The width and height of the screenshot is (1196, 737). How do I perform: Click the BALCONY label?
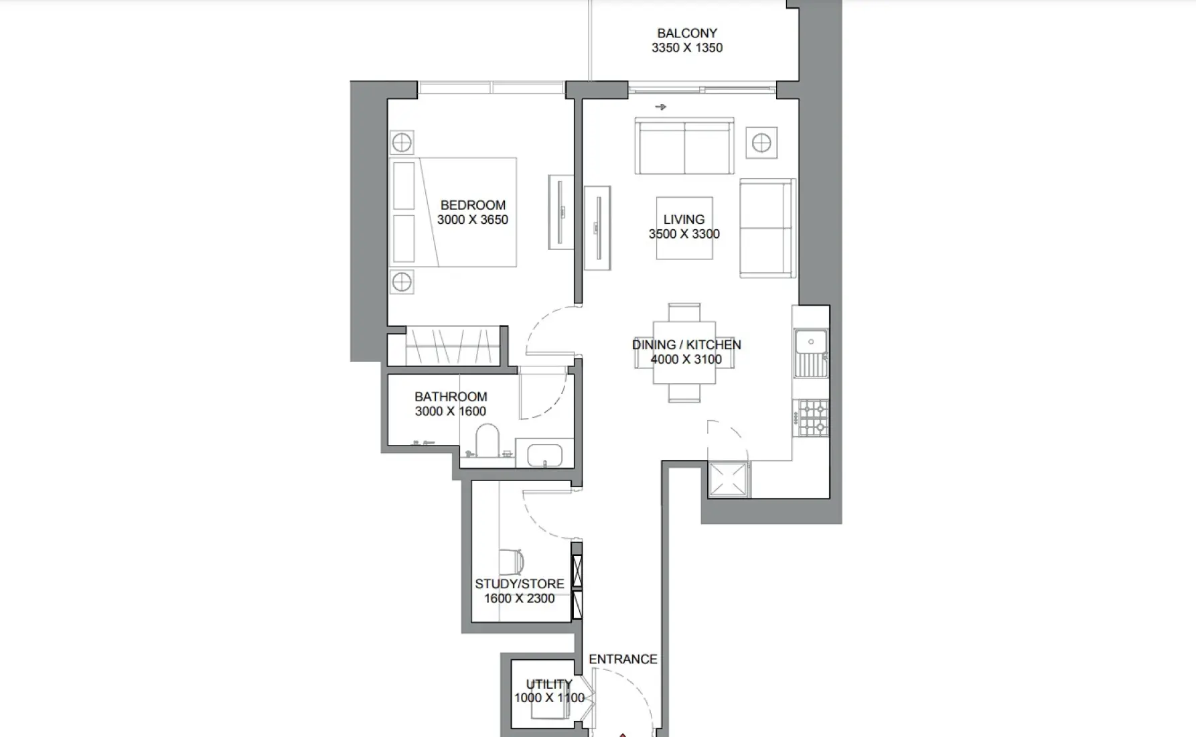pyautogui.click(x=686, y=33)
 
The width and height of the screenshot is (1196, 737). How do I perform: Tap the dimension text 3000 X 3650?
pyautogui.click(x=472, y=220)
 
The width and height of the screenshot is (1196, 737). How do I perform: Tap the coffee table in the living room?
pyautogui.click(x=684, y=228)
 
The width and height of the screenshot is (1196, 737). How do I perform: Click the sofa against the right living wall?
pyautogui.click(x=766, y=228)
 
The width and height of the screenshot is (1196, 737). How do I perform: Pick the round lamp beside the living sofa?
pyautogui.click(x=761, y=143)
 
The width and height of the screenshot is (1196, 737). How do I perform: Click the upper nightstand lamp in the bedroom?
pyautogui.click(x=402, y=143)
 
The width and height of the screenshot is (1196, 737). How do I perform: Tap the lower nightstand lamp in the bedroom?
pyautogui.click(x=402, y=282)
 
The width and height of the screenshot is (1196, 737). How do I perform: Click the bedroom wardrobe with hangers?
pyautogui.click(x=453, y=345)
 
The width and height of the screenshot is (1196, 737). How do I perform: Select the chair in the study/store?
pyautogui.click(x=510, y=561)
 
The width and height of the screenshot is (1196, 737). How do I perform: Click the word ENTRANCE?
pyautogui.click(x=623, y=659)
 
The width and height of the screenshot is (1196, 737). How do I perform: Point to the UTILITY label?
pyautogui.click(x=548, y=684)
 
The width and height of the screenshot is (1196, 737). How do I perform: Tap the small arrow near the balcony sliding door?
pyautogui.click(x=660, y=107)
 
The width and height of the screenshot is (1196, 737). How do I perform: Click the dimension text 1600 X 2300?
pyautogui.click(x=519, y=598)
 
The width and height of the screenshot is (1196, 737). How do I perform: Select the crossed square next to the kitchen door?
pyautogui.click(x=727, y=479)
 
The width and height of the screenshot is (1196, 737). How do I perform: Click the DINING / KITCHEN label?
pyautogui.click(x=686, y=344)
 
